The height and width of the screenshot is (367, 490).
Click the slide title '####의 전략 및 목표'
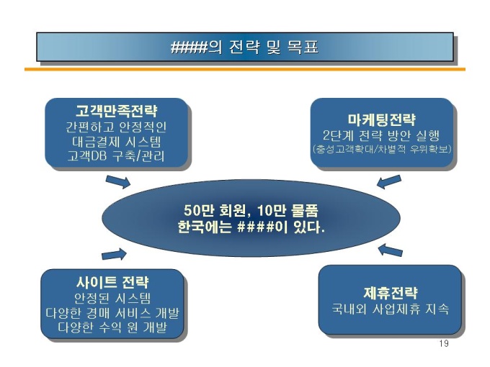244,48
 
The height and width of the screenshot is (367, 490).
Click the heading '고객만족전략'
116,112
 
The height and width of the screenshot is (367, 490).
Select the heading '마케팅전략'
381,119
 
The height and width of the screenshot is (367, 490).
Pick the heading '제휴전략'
390,292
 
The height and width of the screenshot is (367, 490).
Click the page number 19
443,343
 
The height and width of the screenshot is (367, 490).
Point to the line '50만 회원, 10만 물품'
251,211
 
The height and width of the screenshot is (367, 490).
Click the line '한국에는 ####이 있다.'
251,227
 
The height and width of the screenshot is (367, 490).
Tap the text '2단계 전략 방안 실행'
381,135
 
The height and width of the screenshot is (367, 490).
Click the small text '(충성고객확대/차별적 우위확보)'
381,150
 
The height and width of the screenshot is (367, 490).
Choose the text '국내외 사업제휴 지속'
390,309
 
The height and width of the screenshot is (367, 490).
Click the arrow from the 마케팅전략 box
388,181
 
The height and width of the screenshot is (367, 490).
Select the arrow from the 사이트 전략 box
114,253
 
